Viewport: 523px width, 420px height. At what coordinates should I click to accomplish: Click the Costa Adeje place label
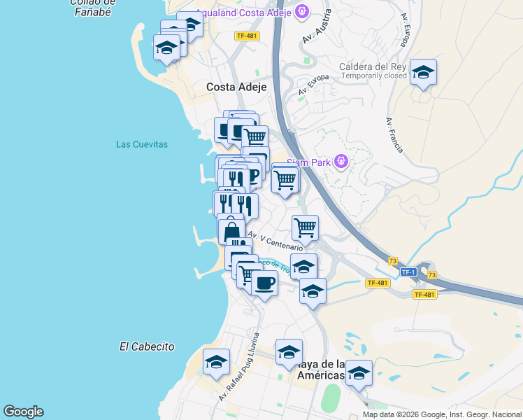(x=236, y=87)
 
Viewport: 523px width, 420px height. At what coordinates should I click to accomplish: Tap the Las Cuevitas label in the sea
(x=142, y=144)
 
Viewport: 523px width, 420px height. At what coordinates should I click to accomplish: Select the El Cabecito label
(x=147, y=346)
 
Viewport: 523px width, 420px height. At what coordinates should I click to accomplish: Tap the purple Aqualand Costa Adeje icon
(x=301, y=11)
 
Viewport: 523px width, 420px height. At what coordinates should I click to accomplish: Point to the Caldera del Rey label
(x=373, y=67)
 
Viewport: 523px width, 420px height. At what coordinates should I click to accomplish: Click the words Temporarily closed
(x=374, y=76)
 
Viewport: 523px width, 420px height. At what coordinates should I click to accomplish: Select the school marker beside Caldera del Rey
(x=423, y=72)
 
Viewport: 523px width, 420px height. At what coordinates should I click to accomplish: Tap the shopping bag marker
(x=231, y=230)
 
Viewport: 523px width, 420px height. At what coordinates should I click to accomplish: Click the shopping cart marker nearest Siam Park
(x=285, y=179)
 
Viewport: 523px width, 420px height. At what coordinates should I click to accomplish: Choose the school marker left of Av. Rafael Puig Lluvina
(x=217, y=363)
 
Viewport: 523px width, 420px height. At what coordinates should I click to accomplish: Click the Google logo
(x=23, y=412)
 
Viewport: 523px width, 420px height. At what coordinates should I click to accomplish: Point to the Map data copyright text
(x=441, y=414)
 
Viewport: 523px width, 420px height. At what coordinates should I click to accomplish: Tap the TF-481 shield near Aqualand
(x=247, y=36)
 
